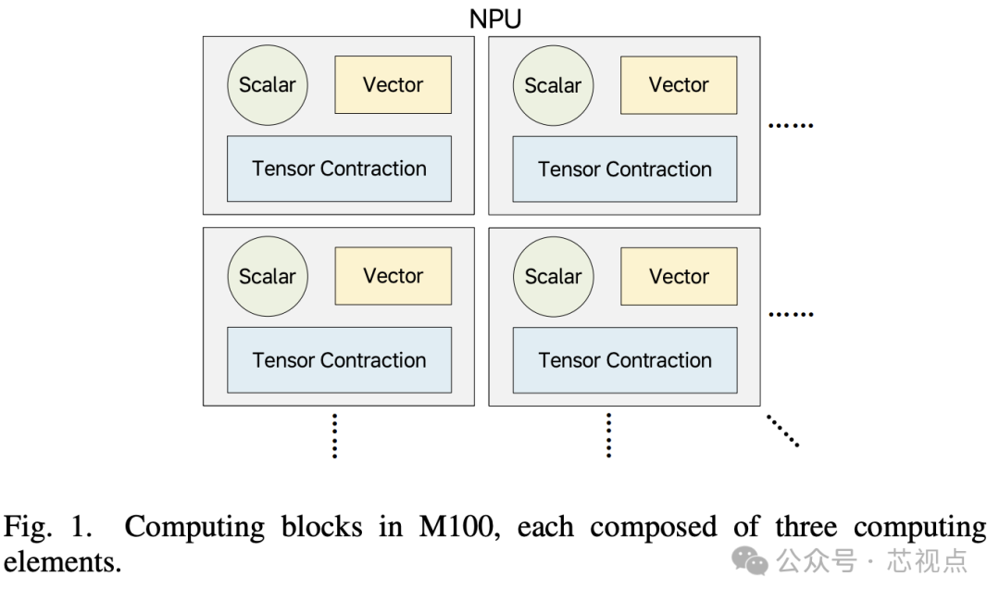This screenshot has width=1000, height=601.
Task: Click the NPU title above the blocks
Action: [x=495, y=18]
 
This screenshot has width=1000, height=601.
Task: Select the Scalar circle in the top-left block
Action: [x=268, y=85]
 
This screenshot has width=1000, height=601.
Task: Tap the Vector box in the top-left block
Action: [x=393, y=85]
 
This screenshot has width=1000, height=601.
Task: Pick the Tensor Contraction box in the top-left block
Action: [x=339, y=169]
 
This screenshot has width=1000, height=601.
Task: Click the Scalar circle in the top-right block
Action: [x=553, y=85]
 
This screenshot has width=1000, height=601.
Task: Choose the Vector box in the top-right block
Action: [x=679, y=85]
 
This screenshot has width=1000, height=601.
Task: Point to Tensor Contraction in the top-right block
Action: [x=625, y=169]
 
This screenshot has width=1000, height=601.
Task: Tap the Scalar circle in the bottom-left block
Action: [x=268, y=276]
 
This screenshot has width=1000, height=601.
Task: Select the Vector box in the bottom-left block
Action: [x=393, y=276]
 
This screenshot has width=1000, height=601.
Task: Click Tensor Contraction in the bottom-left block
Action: [x=339, y=359]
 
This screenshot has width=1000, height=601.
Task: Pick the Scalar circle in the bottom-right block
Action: [x=553, y=276]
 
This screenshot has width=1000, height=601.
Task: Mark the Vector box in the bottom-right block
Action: [x=679, y=276]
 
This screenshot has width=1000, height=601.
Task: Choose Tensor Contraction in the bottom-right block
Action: [x=625, y=359]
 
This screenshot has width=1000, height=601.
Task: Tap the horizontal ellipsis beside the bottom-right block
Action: [x=792, y=315]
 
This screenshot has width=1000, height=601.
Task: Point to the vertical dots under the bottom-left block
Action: [x=334, y=435]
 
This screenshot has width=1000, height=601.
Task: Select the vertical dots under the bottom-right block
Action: [x=608, y=435]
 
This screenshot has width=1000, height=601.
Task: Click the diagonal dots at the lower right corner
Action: [x=782, y=431]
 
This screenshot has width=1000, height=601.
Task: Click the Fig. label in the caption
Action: [x=31, y=528]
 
